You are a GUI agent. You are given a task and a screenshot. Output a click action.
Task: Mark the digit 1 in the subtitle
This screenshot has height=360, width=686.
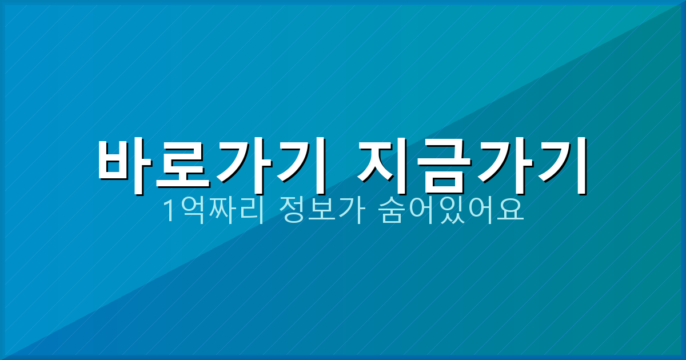(x=170, y=212)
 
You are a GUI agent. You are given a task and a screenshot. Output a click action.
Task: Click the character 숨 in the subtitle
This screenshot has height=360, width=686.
(x=391, y=212)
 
